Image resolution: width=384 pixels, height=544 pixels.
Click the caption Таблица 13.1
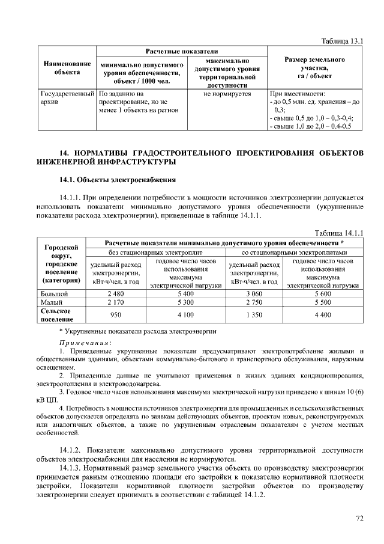(343, 41)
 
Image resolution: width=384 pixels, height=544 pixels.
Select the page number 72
(359, 518)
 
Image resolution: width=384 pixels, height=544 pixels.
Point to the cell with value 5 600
(323, 293)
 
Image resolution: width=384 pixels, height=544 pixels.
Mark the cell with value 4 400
(323, 314)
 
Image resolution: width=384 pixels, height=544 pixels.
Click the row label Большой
(53, 293)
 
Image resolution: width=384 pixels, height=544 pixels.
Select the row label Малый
(51, 302)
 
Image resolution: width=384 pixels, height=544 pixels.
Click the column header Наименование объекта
(67, 67)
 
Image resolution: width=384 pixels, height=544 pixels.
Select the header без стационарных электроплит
(155, 252)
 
